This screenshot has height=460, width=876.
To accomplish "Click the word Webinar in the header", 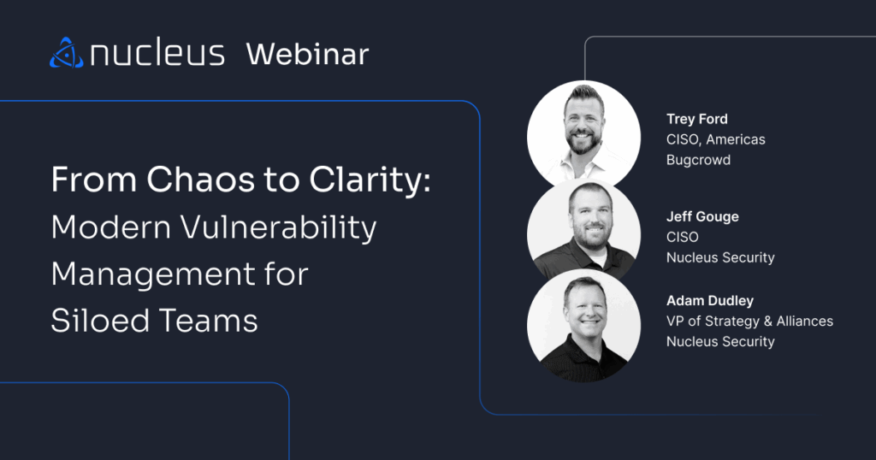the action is coord(307,54).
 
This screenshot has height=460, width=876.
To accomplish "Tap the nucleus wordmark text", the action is coord(157,52).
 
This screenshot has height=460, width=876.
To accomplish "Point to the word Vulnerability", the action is coord(278,228).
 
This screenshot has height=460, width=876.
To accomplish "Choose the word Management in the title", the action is coord(153,274).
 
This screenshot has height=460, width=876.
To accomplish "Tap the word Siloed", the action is coord(101,321).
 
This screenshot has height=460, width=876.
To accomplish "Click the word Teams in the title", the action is coord(209,321).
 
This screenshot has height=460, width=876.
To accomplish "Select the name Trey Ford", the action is coord(696,119).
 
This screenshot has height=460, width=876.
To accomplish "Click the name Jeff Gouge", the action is coord(702,216).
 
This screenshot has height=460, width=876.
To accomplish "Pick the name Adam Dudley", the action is coord(709,300).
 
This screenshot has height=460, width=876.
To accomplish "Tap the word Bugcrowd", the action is coord(698,160).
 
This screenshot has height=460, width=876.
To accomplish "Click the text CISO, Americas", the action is coord(716,139).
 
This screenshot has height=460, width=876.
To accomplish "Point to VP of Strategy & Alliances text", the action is coord(749,321).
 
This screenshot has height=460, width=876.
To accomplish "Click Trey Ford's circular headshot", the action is coord(583,134).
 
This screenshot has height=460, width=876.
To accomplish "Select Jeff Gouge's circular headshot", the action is coord(583,230).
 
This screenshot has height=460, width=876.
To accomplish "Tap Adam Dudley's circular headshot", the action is coord(583,326).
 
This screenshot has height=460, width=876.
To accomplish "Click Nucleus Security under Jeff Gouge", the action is coord(720,258).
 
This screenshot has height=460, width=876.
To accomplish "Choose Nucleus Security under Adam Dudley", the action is coord(720,342).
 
